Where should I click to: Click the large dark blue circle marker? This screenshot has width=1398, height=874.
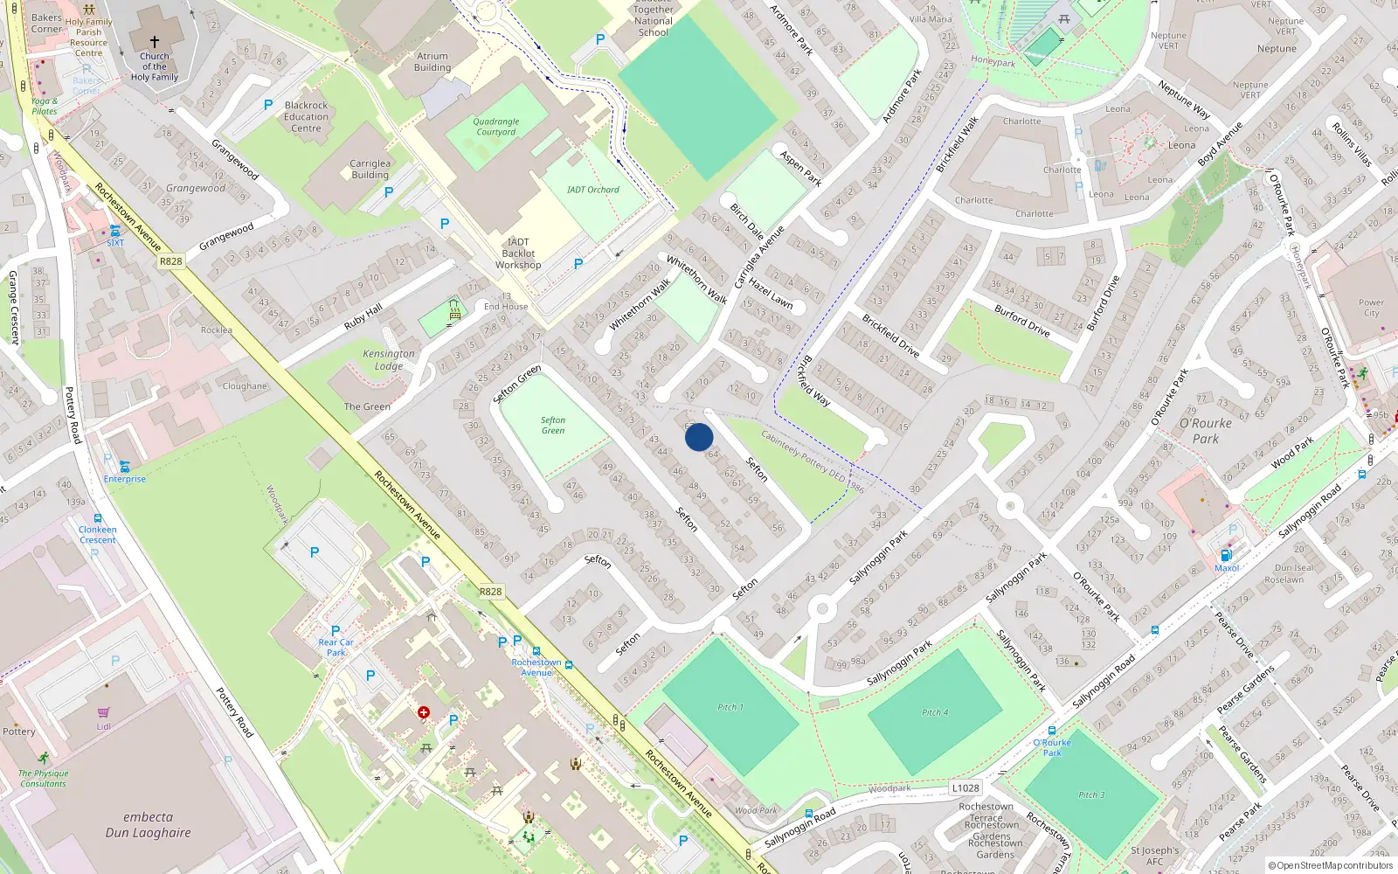pos(699,437)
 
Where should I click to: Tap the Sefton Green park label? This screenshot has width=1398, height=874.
pos(553,426)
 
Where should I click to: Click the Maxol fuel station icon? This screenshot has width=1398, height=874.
pos(1226,555)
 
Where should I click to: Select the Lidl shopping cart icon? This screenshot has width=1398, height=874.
pos(104,713)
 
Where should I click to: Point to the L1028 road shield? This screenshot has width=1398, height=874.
pos(965,787)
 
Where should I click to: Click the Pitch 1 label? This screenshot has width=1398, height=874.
pos(730,707)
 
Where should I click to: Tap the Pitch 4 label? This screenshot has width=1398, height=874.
pos(935,712)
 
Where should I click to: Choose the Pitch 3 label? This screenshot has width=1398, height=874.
pos(1091,794)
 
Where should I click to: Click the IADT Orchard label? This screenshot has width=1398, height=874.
pos(593,190)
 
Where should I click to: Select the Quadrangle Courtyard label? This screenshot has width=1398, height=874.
pos(496,127)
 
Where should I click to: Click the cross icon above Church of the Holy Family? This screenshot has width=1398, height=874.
pos(155,42)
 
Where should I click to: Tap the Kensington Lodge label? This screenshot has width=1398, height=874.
pos(389,359)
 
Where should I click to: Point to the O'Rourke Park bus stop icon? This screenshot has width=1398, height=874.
pos(1052,731)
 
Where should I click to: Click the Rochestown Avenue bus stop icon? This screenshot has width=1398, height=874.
pos(569,665)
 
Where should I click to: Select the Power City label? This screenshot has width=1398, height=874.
pos(1371,308)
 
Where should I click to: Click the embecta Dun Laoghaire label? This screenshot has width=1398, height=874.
pos(149,825)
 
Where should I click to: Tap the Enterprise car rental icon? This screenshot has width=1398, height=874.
pos(124,467)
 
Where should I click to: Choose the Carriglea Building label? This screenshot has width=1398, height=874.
pos(370,169)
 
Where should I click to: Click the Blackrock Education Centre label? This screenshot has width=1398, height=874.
pos(307,116)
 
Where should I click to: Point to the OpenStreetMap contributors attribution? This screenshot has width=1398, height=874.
pos(1331,866)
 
